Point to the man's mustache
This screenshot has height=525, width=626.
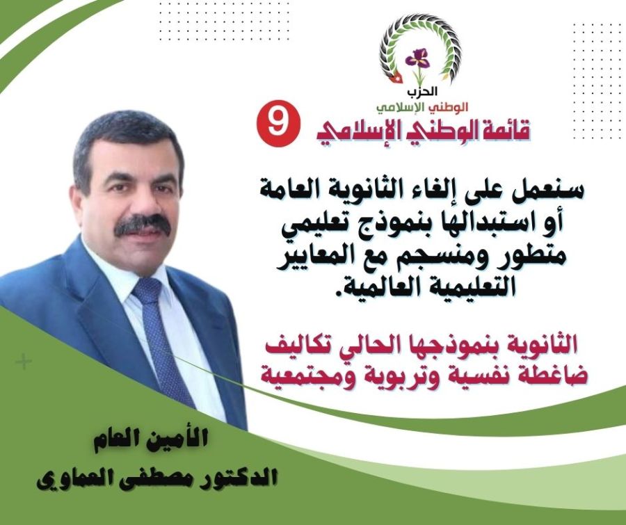tap(143, 225)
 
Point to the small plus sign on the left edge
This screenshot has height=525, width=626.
tap(24, 362)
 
